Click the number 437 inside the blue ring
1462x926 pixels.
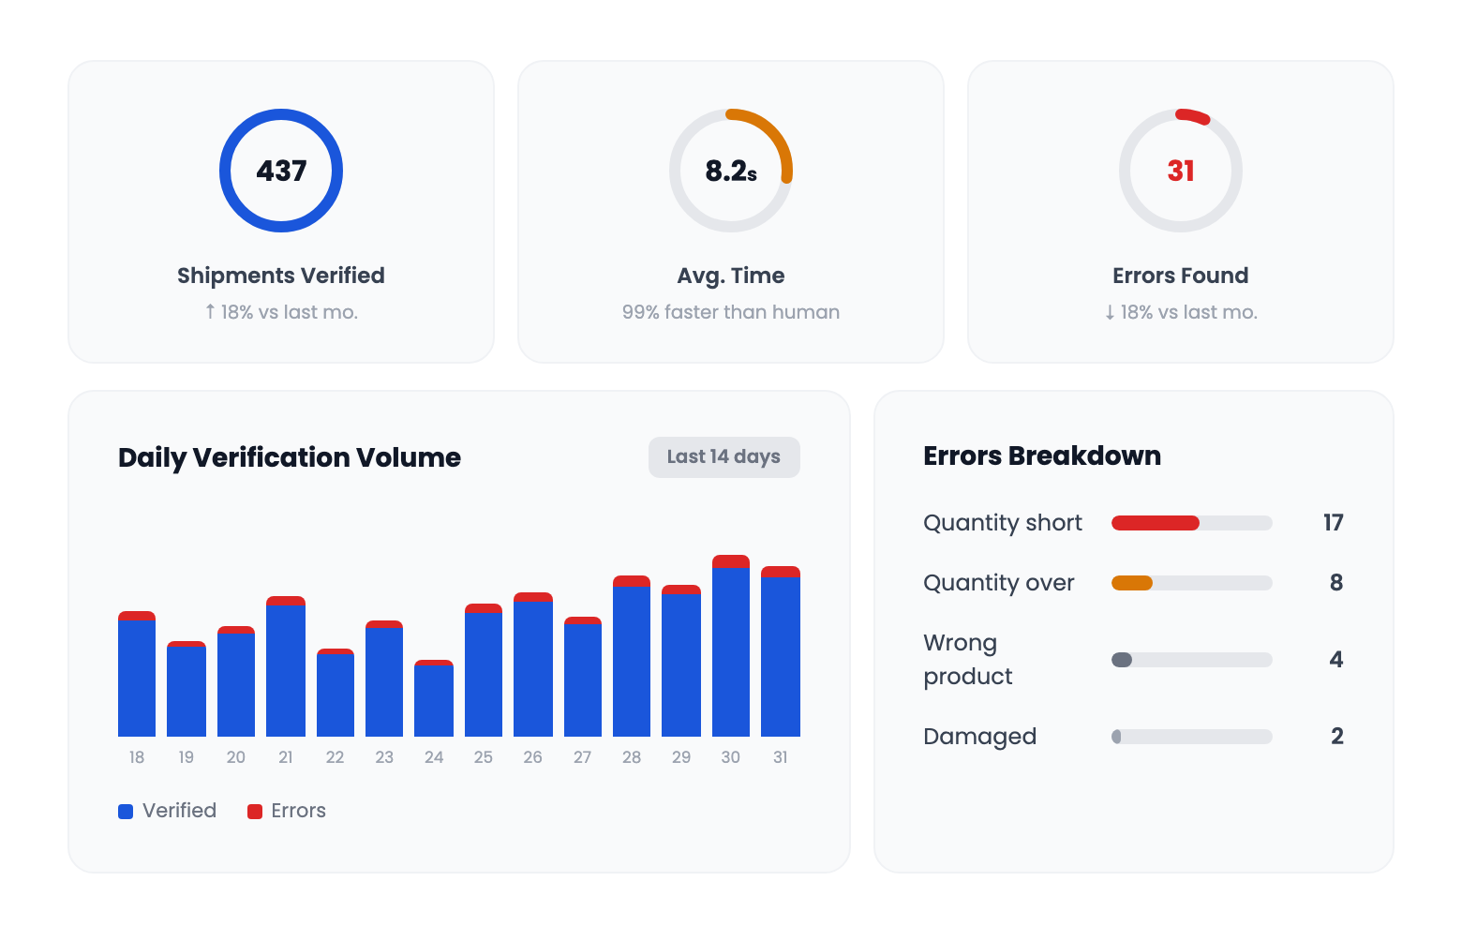tap(281, 171)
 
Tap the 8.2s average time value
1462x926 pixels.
tap(731, 171)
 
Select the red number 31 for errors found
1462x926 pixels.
tap(1181, 171)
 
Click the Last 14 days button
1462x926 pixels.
tap(724, 457)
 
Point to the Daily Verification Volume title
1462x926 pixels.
tap(289, 457)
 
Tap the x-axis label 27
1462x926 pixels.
tap(582, 757)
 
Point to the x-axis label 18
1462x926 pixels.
tap(137, 757)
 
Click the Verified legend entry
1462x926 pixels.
tap(168, 811)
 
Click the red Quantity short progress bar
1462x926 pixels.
tap(1156, 523)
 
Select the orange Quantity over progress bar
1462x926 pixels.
tap(1132, 583)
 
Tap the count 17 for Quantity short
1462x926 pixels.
tap(1333, 523)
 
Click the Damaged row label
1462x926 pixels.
tap(979, 737)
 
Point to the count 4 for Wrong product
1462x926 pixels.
tap(1336, 660)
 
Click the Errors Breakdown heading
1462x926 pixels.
tap(1041, 456)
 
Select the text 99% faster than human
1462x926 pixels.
tap(731, 312)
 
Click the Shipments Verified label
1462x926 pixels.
tap(281, 276)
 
